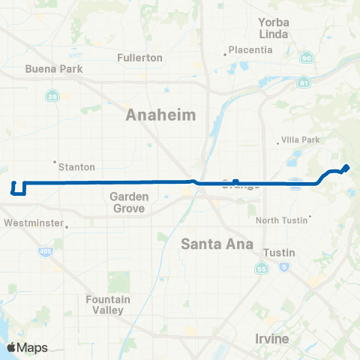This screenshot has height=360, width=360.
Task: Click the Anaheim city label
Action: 161,115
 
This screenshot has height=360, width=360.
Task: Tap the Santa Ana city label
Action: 217,244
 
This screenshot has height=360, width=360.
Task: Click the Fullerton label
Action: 140,58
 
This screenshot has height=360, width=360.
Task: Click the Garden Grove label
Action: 128,202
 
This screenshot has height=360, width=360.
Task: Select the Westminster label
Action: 33,223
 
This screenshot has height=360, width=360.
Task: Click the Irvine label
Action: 271,339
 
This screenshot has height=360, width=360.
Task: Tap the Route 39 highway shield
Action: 52,96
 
